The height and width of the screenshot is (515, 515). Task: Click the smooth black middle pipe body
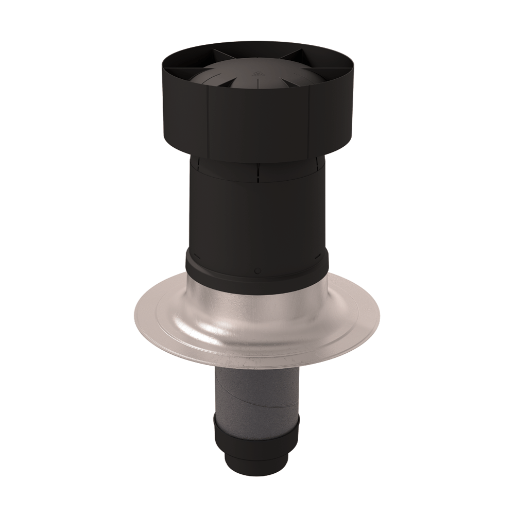pyautogui.click(x=257, y=216)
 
